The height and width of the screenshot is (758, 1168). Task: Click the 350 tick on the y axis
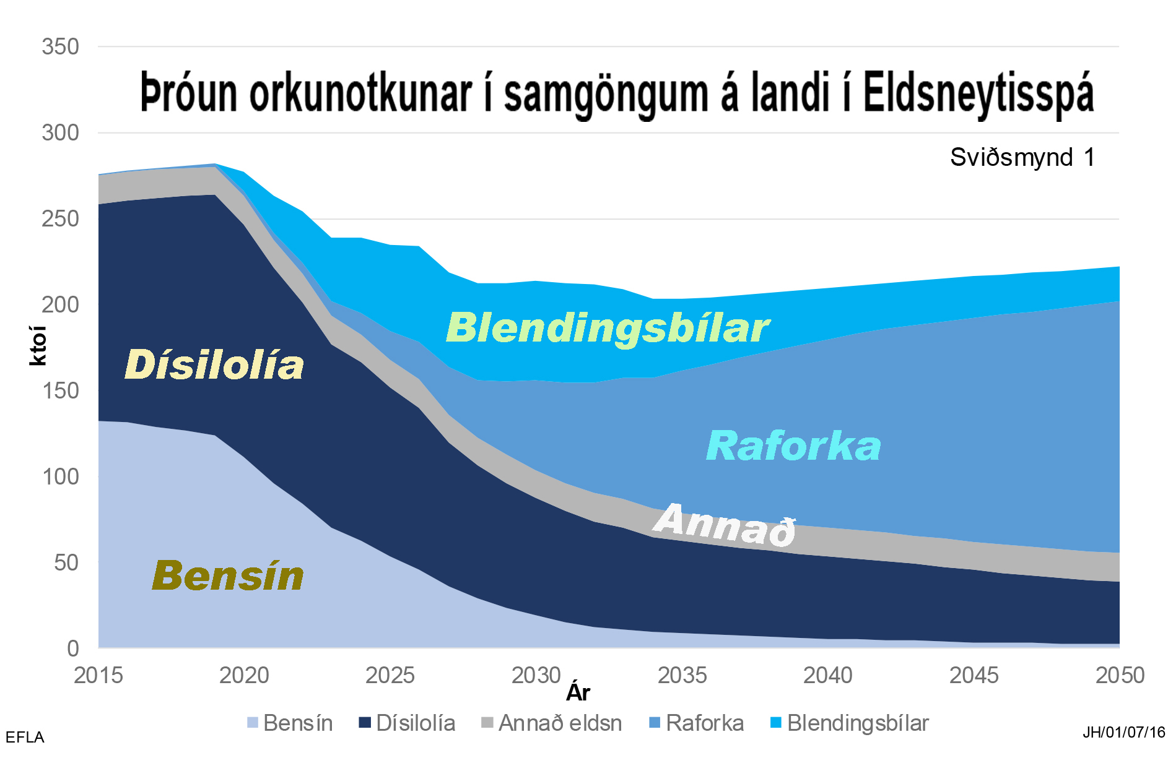pos(61,47)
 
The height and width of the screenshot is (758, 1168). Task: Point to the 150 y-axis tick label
pos(61,391)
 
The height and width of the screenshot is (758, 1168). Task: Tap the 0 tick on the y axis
pos(73,648)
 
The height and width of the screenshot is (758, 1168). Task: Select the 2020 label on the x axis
pos(244,675)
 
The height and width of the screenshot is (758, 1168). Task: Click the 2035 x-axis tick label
pos(682,675)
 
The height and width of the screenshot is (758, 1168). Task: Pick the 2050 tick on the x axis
pos(1120,675)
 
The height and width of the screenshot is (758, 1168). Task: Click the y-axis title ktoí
pos(38,346)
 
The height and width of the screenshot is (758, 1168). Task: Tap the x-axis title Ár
pos(578,692)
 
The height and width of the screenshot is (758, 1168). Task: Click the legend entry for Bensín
pos(290,723)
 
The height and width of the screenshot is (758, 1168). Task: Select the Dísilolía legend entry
pos(407,723)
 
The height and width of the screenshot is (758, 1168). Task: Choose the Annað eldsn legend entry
pos(552,723)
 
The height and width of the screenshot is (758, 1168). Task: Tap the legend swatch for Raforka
pos(655,722)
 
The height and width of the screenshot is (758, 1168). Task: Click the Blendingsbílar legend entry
pos(850,723)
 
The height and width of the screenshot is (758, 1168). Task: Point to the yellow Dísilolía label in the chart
pos(214,364)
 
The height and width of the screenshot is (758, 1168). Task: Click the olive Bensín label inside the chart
pos(228,575)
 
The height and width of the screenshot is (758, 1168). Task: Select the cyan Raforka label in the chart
pos(793,446)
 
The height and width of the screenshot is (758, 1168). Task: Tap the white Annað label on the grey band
pos(725,525)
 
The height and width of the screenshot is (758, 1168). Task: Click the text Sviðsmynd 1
pos(1022,157)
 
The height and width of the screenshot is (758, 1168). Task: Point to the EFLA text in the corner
pos(25,738)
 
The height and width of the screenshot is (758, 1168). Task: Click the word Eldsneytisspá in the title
pos(978,94)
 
